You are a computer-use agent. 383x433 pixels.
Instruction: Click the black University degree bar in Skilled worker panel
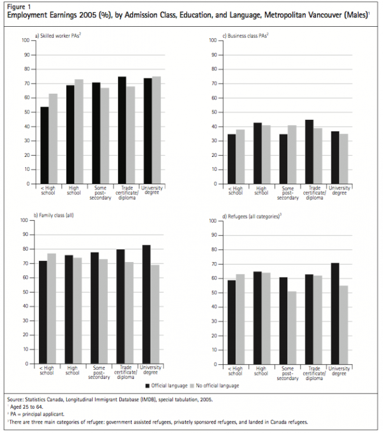(x=147, y=131)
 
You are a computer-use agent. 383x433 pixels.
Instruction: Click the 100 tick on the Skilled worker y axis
(x=26, y=40)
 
